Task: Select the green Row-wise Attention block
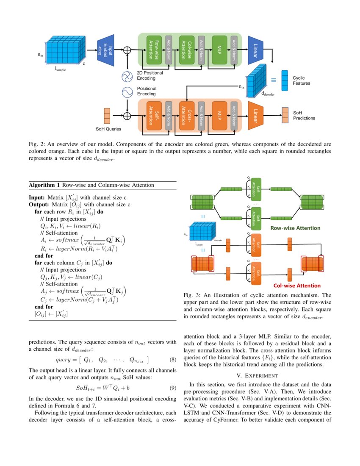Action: [154, 50]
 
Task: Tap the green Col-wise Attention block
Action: [187, 50]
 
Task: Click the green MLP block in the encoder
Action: [219, 50]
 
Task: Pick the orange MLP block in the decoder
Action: [219, 115]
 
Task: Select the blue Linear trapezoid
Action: [256, 50]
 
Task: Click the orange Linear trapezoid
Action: [256, 115]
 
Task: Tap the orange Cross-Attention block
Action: [187, 115]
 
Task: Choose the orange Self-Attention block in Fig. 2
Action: [154, 115]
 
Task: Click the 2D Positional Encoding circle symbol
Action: [127, 77]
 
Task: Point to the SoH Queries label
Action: [108, 129]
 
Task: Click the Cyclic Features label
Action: [302, 80]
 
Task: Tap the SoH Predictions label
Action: [304, 115]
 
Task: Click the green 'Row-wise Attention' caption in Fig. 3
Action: [295, 228]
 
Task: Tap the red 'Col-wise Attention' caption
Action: [296, 286]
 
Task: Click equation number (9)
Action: [172, 388]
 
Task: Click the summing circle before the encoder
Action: [127, 50]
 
